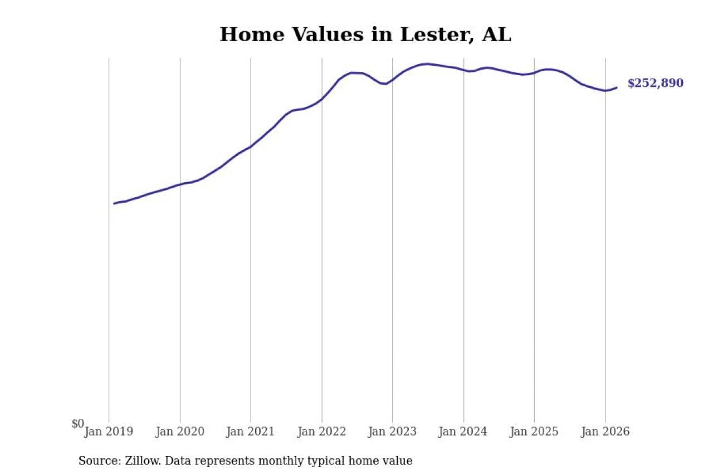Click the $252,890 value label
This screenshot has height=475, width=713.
(655, 84)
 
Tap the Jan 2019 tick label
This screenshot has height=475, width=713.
(109, 432)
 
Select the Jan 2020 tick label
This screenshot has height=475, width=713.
(180, 432)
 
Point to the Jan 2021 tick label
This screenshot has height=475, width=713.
(251, 432)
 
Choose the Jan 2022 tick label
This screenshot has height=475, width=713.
(321, 432)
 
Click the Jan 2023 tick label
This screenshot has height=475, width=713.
(392, 432)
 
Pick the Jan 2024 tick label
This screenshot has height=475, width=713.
(463, 432)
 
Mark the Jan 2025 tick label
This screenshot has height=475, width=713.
(534, 432)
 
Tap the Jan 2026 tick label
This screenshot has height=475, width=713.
(605, 432)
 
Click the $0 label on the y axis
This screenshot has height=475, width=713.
(78, 424)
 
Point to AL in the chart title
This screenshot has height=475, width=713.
(496, 35)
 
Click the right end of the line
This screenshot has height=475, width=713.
(617, 87)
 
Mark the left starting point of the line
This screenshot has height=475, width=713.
(114, 203)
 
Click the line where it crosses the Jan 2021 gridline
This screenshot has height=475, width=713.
(251, 146)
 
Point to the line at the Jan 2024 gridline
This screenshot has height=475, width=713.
(463, 70)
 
